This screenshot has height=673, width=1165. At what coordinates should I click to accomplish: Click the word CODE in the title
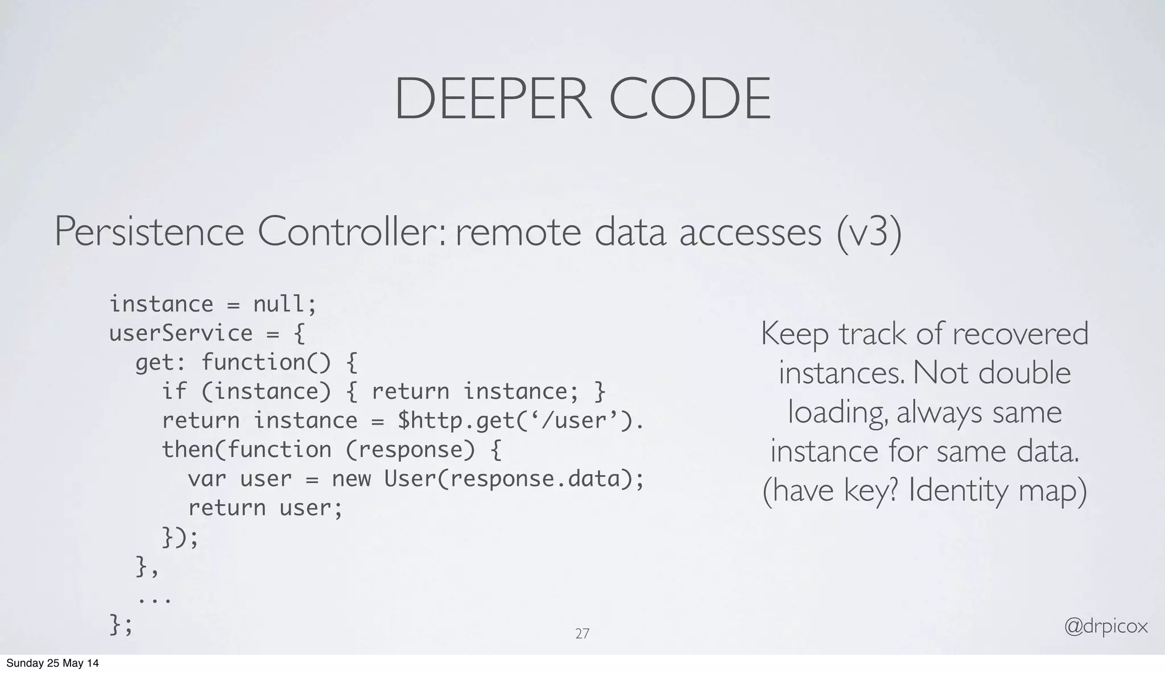click(x=690, y=99)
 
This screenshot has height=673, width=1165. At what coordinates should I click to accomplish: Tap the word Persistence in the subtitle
click(x=149, y=232)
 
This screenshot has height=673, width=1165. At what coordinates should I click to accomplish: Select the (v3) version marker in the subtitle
click(x=869, y=232)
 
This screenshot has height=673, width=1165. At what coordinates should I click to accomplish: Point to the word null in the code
click(x=278, y=304)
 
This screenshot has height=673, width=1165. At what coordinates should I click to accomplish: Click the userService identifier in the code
click(x=180, y=333)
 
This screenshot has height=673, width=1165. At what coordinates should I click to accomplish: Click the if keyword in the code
click(x=174, y=391)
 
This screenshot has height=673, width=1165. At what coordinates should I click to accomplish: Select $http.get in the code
click(x=449, y=421)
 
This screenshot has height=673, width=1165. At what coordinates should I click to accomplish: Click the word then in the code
click(x=188, y=450)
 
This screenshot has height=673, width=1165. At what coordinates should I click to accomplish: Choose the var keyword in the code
click(x=207, y=479)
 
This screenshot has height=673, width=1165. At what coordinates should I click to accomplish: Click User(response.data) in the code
click(x=508, y=479)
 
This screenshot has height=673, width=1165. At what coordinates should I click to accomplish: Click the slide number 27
click(x=582, y=634)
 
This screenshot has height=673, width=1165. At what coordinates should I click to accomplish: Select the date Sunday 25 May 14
click(x=52, y=663)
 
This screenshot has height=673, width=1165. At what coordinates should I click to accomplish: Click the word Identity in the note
click(x=957, y=490)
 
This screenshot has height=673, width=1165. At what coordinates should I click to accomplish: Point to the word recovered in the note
click(x=1020, y=334)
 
